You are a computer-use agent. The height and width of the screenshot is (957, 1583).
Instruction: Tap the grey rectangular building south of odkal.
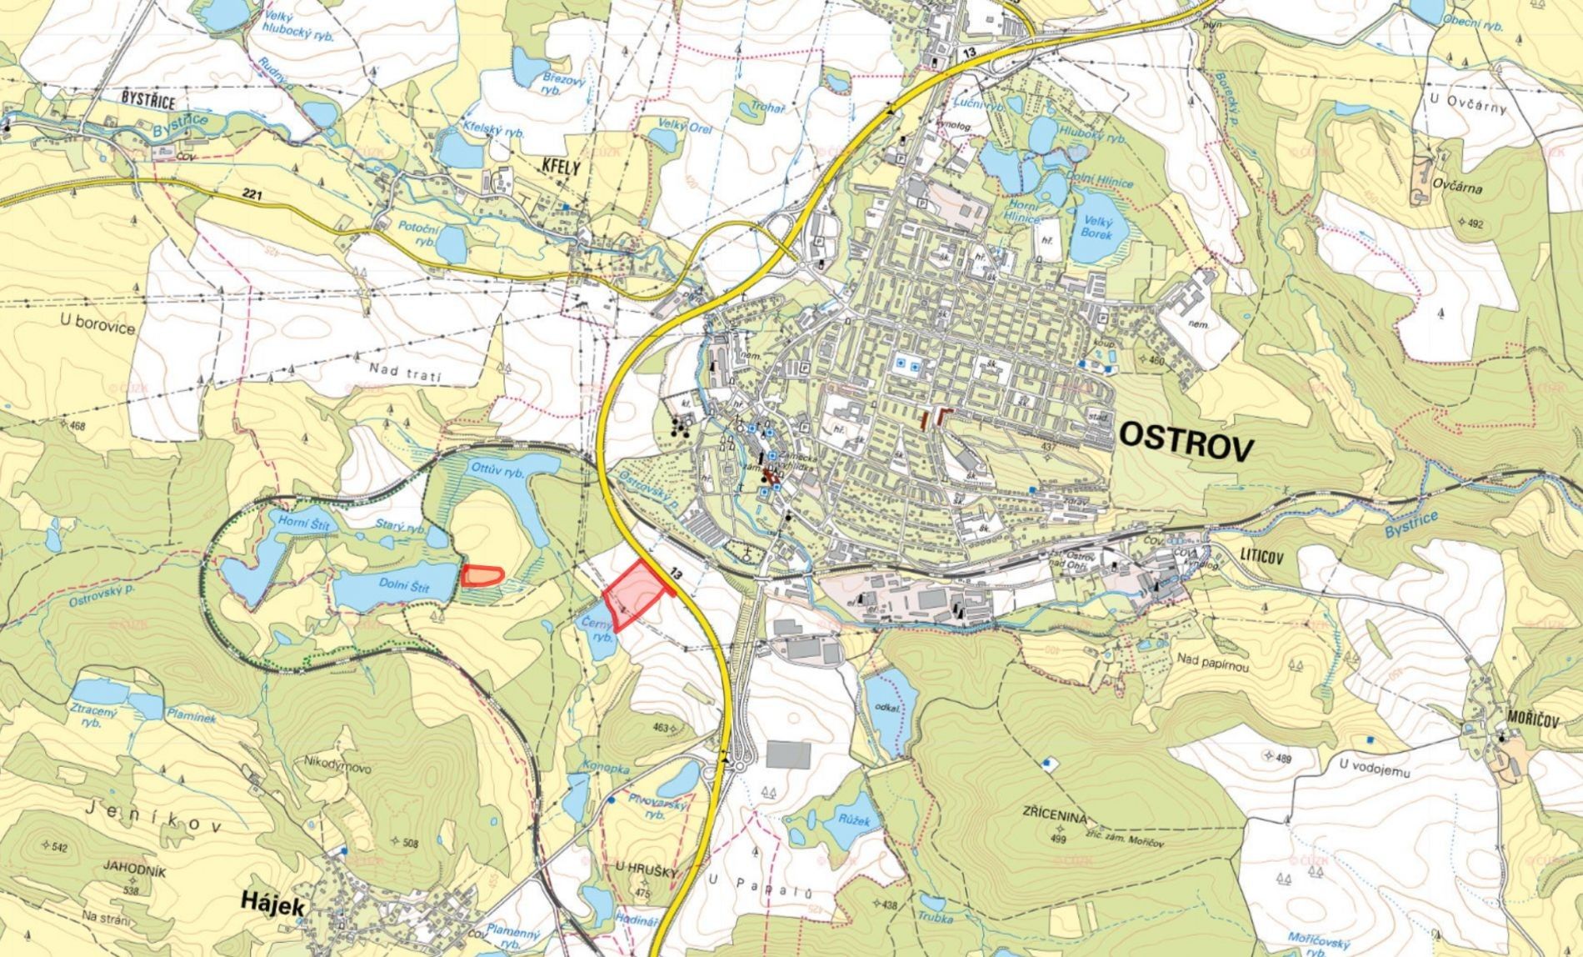click(787, 755)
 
